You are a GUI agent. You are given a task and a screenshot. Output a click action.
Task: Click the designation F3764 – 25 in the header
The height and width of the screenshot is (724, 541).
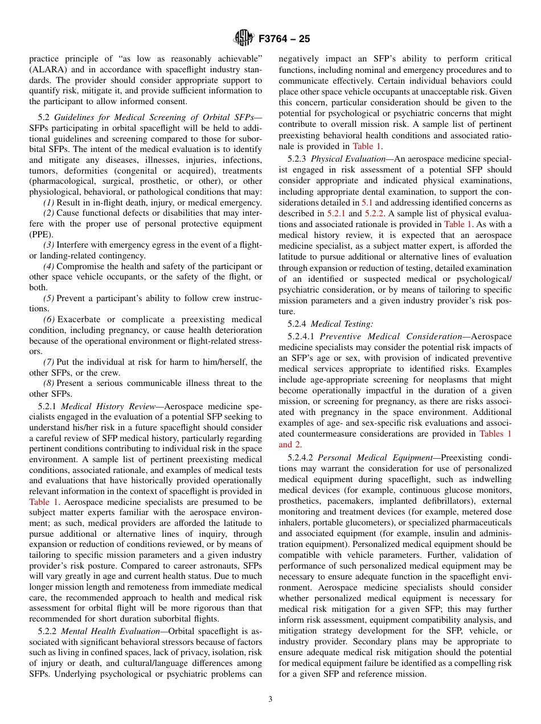284,39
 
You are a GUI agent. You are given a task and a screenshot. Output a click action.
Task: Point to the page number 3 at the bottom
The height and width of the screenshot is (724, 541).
270,700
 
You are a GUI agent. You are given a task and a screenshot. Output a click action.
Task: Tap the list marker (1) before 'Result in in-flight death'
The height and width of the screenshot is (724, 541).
49,203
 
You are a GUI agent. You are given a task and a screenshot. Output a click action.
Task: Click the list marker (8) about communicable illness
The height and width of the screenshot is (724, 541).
49,383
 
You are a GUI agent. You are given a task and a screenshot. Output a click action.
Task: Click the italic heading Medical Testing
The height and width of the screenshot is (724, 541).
342,324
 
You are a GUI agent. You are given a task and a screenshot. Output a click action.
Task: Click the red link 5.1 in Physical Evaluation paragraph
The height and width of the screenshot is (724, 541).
367,203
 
